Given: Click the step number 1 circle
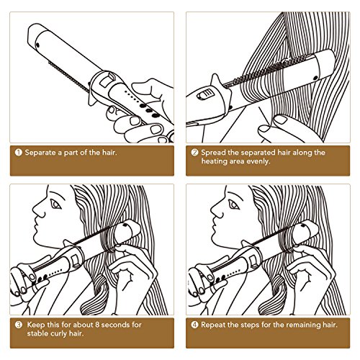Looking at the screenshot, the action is (x=19, y=153).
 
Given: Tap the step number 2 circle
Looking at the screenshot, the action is (x=194, y=153).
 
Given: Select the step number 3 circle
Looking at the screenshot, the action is (x=19, y=325).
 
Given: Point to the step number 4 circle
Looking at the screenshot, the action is (x=194, y=325).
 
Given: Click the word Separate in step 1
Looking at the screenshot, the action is (x=40, y=153).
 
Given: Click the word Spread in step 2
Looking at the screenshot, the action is (x=213, y=153).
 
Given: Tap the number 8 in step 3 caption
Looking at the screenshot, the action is (x=97, y=325).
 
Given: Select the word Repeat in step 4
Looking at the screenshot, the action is (x=213, y=325).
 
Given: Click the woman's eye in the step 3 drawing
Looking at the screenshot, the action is (x=55, y=204).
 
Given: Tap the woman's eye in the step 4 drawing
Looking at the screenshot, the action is (x=233, y=204).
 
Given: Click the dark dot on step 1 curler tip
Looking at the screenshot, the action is (x=37, y=45).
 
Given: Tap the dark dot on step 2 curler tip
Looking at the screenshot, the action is (x=316, y=78).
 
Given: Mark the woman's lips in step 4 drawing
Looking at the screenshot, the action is (x=213, y=227).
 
